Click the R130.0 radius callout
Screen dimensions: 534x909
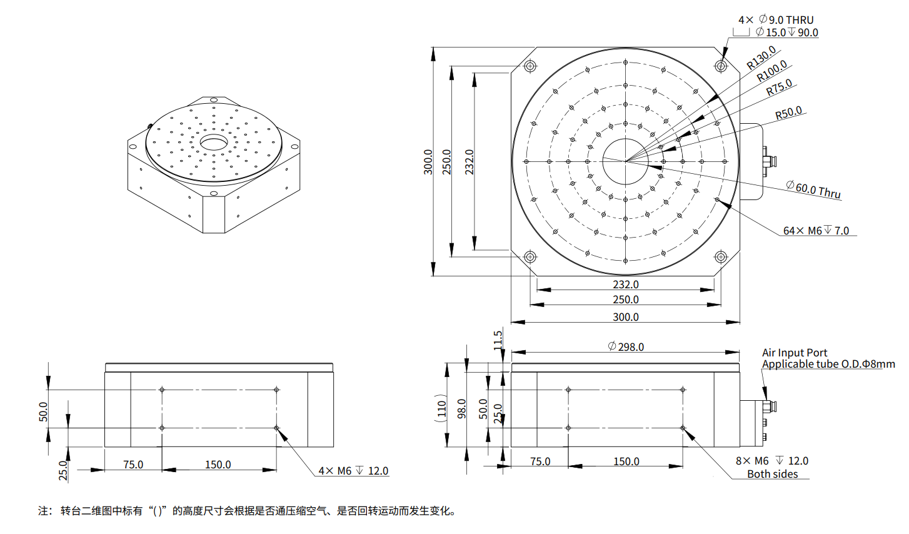[761, 58]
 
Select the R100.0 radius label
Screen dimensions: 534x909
[771, 72]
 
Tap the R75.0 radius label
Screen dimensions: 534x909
[779, 88]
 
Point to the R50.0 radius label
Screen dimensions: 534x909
[788, 113]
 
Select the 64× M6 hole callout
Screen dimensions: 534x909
[816, 231]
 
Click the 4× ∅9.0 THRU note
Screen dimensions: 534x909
[776, 20]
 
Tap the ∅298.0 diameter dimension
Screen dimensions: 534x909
[626, 346]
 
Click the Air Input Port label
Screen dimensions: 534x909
[794, 353]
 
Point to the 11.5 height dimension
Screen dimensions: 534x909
[498, 340]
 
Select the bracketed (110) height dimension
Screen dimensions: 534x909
[442, 406]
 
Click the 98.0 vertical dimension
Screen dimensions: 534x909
[462, 408]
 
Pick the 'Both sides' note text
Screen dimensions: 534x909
[772, 474]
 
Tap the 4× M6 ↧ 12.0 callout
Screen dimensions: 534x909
[353, 471]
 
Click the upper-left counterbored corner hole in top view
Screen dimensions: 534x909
[530, 66]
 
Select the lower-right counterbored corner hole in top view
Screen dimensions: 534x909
[720, 256]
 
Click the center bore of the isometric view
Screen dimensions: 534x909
[214, 143]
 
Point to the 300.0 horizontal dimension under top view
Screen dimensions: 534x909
[625, 317]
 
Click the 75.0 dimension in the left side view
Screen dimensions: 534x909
[133, 465]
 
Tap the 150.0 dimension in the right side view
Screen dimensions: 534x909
[626, 461]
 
